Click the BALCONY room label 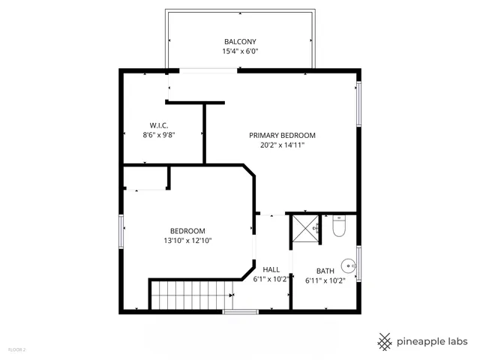(x=239, y=41)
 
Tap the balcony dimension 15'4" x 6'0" (x=239, y=52)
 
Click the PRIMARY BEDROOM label (x=282, y=136)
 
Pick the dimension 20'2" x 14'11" (x=282, y=146)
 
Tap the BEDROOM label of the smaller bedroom (x=187, y=231)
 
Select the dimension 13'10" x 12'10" (x=187, y=241)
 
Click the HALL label (x=271, y=269)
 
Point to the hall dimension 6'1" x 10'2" (x=271, y=280)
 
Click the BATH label (x=325, y=271)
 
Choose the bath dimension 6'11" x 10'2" (x=325, y=281)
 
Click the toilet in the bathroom (x=337, y=226)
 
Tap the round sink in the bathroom (x=349, y=265)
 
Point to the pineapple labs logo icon (x=385, y=340)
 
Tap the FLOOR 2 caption (x=16, y=349)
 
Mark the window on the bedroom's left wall (x=120, y=231)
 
